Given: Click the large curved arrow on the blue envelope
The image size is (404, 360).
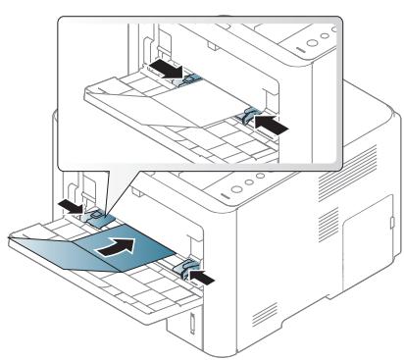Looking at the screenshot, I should (x=117, y=247).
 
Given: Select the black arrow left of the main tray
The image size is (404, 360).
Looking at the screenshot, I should (x=69, y=203).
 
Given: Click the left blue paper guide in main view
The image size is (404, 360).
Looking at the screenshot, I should (x=98, y=210).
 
